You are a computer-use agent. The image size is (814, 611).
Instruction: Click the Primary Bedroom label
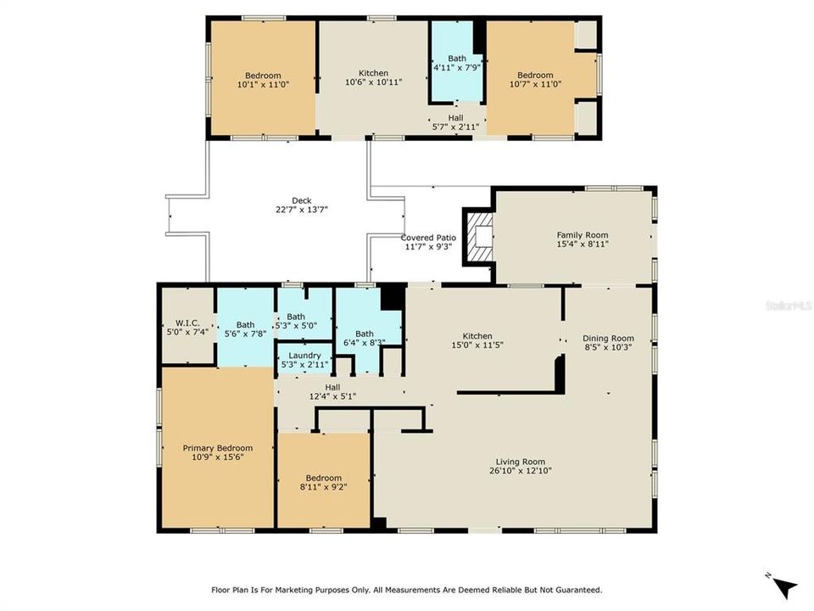(218, 448)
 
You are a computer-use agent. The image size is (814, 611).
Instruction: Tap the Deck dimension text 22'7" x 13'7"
(277, 210)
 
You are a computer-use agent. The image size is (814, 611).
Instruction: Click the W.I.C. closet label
(187, 322)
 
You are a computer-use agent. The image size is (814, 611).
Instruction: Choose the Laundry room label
(304, 356)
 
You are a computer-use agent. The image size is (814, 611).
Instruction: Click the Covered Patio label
(428, 238)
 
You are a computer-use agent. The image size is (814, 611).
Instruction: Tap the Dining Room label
(608, 338)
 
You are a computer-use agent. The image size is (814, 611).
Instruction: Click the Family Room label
(582, 235)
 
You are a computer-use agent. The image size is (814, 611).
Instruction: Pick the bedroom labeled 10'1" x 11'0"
(263, 80)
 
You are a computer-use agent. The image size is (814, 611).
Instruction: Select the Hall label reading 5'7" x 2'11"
(456, 122)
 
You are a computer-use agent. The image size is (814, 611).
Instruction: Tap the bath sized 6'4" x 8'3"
(364, 338)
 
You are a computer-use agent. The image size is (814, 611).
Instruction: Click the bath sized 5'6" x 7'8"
(245, 329)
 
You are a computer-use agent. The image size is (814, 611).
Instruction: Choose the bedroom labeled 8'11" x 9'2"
(324, 482)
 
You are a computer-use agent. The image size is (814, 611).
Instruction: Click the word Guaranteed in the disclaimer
(573, 589)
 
